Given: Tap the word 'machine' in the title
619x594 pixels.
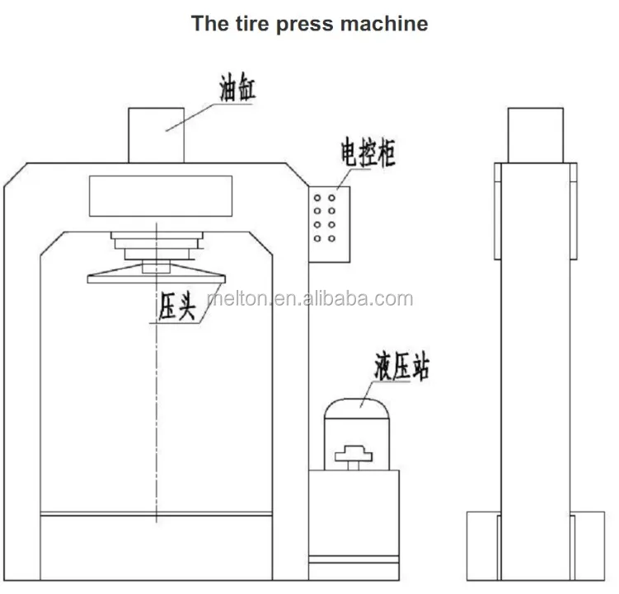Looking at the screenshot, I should point(385,23).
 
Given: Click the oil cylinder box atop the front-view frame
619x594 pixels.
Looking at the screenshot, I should point(155,135).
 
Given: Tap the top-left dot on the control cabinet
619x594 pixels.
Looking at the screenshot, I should point(317,198).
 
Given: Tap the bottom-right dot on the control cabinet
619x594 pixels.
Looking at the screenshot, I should point(331,238).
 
